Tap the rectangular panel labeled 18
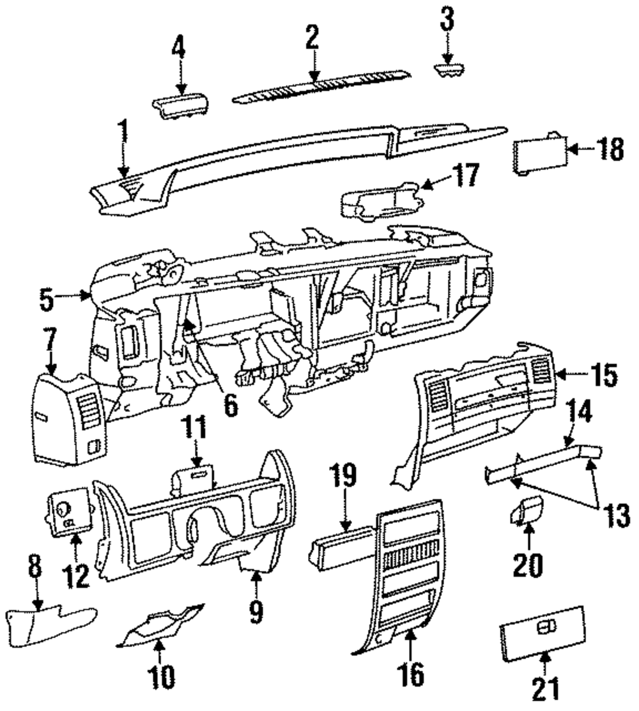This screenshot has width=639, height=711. coord(541,154)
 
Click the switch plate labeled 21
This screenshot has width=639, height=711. coord(543,631)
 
